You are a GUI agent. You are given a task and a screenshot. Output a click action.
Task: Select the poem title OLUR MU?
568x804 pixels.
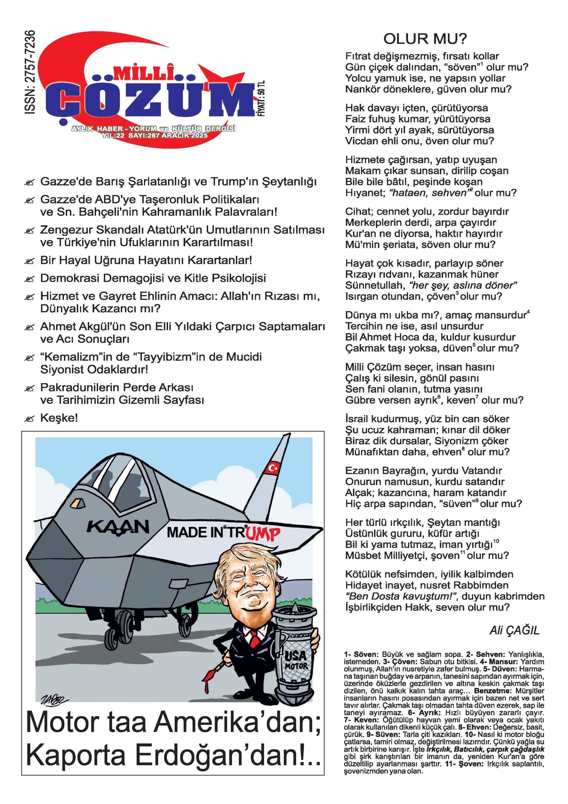point(425,39)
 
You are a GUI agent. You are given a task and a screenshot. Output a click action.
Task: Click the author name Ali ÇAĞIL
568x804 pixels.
point(514,630)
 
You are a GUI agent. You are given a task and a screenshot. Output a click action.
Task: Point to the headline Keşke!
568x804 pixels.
point(59,418)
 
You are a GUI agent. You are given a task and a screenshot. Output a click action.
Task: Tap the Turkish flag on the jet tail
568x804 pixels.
point(273,468)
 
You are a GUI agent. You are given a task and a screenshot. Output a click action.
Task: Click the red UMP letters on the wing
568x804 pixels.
point(263,534)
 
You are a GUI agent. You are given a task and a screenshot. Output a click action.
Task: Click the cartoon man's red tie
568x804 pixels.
point(255,639)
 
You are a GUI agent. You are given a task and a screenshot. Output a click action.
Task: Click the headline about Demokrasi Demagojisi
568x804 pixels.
point(153,278)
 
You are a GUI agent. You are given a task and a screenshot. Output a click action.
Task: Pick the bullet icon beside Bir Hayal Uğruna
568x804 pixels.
point(29,261)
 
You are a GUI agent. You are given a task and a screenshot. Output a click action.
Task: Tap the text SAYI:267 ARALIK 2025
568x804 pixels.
point(168,135)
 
